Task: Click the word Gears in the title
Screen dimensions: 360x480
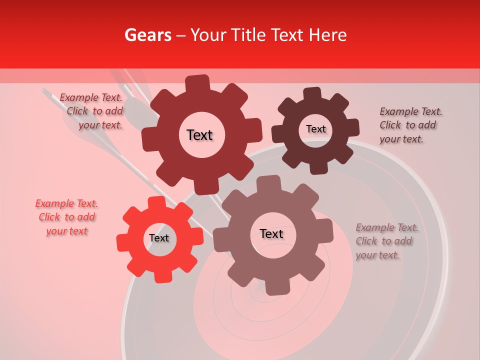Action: tap(147, 35)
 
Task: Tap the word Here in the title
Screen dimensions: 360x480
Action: tap(328, 35)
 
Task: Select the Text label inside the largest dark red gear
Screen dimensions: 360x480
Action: tap(199, 135)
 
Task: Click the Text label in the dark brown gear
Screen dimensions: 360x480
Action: tap(315, 129)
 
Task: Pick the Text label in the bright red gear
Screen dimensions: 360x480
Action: tap(159, 238)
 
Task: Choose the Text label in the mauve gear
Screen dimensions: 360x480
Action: tap(271, 234)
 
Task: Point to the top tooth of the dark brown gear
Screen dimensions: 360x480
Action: tap(312, 93)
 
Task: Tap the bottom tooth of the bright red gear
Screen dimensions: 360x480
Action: tap(161, 276)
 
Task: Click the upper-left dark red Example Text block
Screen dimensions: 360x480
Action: tap(91, 111)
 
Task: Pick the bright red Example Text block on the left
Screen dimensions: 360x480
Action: tap(66, 217)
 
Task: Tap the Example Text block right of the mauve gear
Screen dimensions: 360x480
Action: tap(385, 241)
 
